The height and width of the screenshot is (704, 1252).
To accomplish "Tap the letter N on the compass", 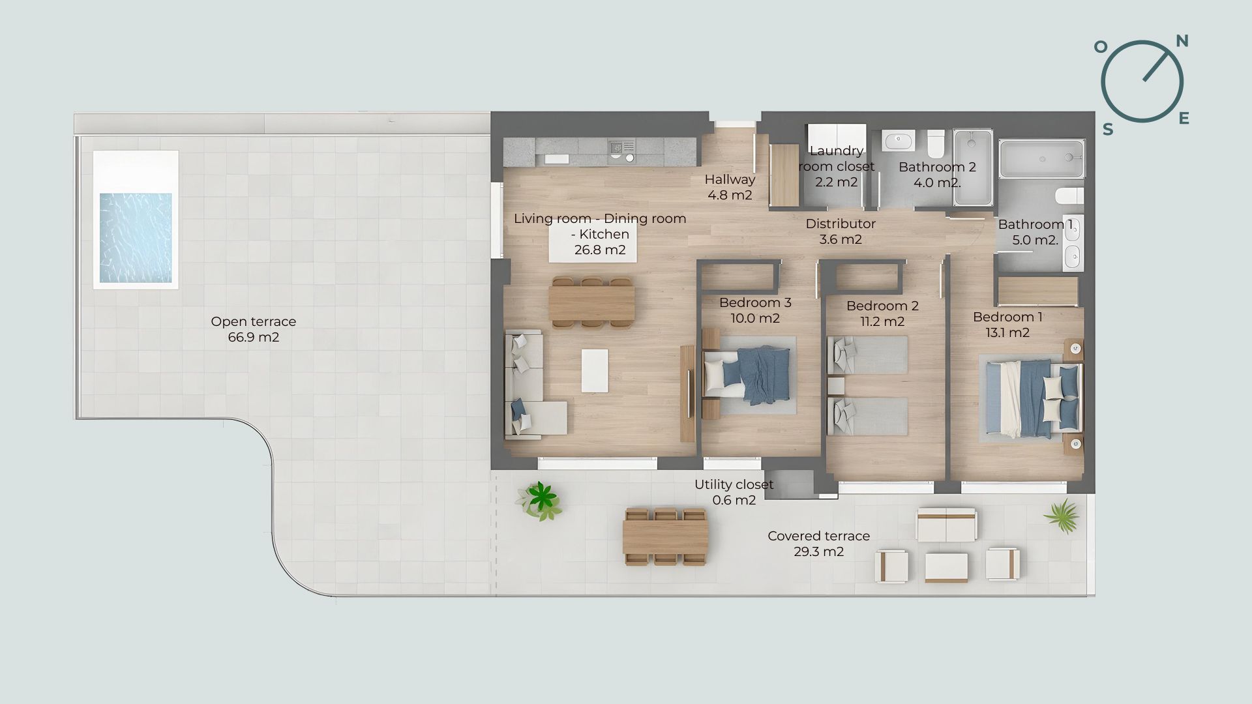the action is pos(1182,42).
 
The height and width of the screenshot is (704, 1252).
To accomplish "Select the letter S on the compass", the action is pos(1108,130).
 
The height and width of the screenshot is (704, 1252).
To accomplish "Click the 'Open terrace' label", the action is pos(254,321).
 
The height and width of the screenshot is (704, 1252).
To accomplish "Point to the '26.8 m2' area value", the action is pos(600,250).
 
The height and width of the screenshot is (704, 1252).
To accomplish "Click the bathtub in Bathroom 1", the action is pos(1042,159).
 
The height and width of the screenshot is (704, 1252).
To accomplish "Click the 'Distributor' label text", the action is pos(841,224).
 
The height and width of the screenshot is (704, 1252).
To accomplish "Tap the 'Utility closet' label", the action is pos(734,484).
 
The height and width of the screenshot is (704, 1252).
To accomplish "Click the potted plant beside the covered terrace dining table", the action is pos(540,500).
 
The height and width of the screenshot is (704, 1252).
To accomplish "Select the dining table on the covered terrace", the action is pos(665,537).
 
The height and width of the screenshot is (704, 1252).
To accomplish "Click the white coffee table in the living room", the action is pos(138,370).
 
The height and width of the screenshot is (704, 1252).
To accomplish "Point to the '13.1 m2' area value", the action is pos(1008,332).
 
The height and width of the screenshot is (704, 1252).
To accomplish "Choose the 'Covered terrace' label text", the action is pos(818,536).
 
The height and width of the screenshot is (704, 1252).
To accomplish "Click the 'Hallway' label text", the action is pos(730,179).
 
